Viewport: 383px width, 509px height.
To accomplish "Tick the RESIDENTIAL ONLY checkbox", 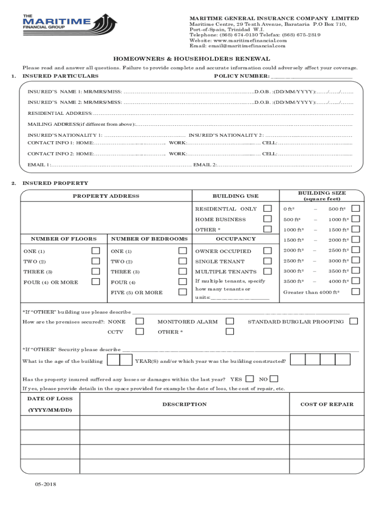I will (x=268, y=209).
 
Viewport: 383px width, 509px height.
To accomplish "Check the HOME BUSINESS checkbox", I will (x=268, y=219).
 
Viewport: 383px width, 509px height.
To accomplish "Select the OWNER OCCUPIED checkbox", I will (x=268, y=251).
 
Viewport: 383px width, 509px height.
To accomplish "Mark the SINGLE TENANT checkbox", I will (x=268, y=261).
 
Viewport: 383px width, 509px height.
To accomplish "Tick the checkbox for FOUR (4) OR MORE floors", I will (x=96, y=282).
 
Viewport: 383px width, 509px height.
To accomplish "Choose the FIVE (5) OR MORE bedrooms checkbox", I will (x=183, y=292).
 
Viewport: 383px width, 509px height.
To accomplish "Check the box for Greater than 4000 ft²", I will (x=355, y=292).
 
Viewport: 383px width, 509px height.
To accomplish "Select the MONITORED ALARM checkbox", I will (x=230, y=322).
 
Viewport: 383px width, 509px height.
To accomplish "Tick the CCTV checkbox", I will (x=140, y=332).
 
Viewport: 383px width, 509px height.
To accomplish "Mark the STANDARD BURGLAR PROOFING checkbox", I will (x=354, y=322).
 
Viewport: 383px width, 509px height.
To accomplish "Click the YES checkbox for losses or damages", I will (x=250, y=379).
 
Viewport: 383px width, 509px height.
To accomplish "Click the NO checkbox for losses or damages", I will (x=274, y=379).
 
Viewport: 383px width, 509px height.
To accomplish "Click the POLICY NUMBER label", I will (x=242, y=76).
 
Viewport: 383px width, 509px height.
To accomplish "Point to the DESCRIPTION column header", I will (x=184, y=404).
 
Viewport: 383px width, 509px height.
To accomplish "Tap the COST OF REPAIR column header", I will (x=327, y=404).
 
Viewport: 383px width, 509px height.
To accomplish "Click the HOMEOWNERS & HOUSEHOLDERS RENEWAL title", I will (x=191, y=59).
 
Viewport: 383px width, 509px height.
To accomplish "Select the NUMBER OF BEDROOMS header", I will (x=149, y=239).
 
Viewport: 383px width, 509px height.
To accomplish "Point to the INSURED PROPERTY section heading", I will (x=55, y=183).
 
